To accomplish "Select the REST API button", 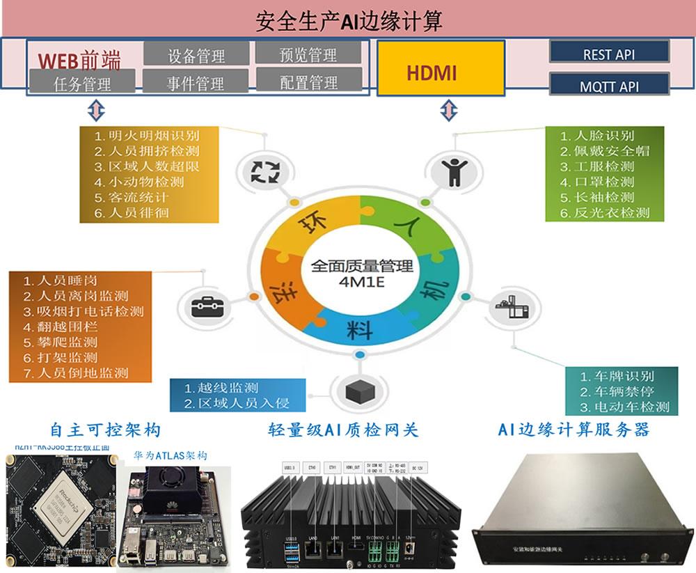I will point(609,52).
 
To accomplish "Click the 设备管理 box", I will point(196,54).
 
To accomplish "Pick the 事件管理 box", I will point(196,82).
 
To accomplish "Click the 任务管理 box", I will point(82,84).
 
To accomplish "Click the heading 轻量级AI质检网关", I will point(343,430).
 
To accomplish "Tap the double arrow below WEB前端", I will point(95,110).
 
